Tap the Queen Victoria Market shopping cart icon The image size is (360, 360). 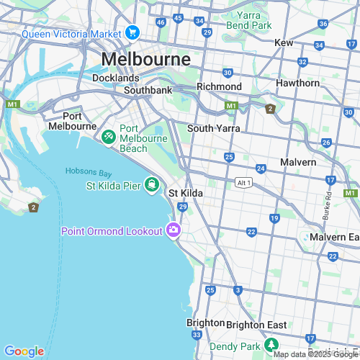132,32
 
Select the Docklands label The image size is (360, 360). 115,78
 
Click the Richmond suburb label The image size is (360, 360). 220,86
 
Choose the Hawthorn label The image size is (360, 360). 297,83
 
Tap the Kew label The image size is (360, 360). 284,43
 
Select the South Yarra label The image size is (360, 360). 213,128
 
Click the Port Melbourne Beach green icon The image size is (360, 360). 108,135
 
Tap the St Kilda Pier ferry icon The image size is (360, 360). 151,185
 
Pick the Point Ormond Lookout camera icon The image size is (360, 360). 173,230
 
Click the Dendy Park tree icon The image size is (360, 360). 252,346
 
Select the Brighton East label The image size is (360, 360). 256,325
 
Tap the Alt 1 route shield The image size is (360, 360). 244,183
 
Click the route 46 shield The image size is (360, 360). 161,22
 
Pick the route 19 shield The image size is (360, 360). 274,217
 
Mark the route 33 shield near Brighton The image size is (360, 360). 197,335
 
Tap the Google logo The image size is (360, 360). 24,351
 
